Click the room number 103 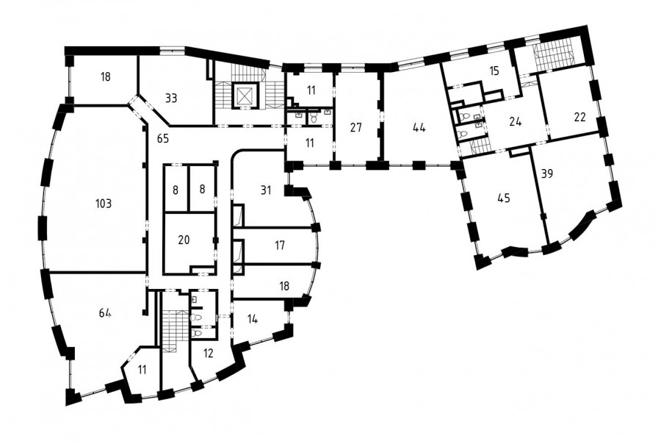click(x=104, y=204)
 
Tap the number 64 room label click(x=105, y=312)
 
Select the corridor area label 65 click(x=163, y=138)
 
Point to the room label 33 click(x=170, y=99)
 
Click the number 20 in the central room click(x=184, y=240)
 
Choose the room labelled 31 click(x=266, y=190)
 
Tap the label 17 click(x=280, y=246)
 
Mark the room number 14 click(x=252, y=319)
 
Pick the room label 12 click(x=209, y=354)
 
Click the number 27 click(x=355, y=127)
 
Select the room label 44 click(x=419, y=127)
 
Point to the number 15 click(x=494, y=71)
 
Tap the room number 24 click(x=515, y=122)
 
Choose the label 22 click(x=580, y=117)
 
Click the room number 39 click(x=546, y=173)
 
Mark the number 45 click(x=504, y=198)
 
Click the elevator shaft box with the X click(x=243, y=96)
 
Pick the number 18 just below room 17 click(x=284, y=286)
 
